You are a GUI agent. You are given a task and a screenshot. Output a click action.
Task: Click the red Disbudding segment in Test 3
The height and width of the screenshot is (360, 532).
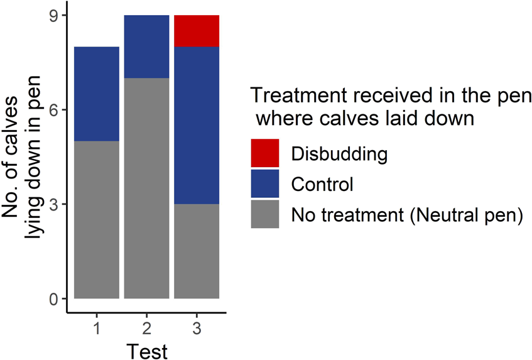(x=197, y=31)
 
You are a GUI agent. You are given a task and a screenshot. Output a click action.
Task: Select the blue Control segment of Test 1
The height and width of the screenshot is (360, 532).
(x=97, y=94)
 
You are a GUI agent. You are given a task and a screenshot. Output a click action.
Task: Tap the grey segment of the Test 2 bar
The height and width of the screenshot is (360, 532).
(x=146, y=188)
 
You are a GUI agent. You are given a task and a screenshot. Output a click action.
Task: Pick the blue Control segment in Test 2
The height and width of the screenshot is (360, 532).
(x=146, y=47)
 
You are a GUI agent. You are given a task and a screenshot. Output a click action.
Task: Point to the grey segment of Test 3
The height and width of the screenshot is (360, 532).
(x=197, y=251)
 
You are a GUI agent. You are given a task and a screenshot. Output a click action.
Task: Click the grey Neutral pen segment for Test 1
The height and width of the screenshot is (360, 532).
(x=97, y=220)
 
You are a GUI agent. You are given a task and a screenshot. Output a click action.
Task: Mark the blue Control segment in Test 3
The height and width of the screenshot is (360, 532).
(x=197, y=126)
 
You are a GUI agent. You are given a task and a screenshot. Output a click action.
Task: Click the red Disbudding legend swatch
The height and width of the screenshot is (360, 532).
(x=265, y=153)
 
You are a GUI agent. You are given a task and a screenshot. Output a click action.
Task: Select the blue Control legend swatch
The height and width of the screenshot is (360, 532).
(x=265, y=184)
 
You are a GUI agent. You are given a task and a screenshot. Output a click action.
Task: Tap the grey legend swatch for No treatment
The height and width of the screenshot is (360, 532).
(x=265, y=215)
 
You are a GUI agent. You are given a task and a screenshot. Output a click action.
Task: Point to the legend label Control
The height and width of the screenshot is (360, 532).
(x=322, y=185)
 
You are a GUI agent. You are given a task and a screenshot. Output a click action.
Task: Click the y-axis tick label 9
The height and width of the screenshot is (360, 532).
(x=55, y=16)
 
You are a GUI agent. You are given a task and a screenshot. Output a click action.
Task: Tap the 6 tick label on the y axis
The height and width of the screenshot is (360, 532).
(x=55, y=110)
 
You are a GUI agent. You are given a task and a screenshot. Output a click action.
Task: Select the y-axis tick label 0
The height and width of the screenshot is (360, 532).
(x=55, y=300)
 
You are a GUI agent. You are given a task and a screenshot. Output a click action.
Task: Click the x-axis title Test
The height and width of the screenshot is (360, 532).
(x=147, y=350)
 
